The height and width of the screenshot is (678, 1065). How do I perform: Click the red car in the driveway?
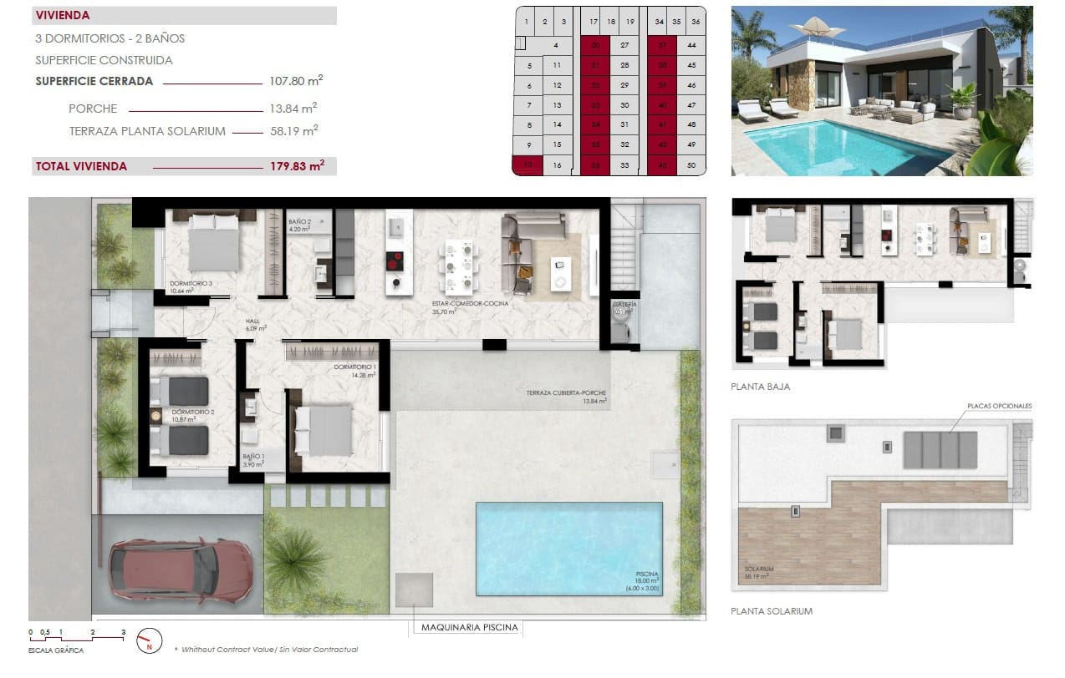181,569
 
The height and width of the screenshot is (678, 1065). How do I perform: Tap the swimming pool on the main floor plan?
568,548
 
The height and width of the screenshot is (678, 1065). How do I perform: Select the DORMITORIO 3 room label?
191,284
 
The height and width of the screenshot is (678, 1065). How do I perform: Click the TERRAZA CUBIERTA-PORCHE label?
566,393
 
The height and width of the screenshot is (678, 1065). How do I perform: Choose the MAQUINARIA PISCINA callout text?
469,628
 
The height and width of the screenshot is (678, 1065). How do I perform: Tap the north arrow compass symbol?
149,640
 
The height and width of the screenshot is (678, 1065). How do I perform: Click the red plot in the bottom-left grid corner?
527,165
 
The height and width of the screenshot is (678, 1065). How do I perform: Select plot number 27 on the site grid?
624,45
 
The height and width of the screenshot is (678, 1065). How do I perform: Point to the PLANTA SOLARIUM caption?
771,611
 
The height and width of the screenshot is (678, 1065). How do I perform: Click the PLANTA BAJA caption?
760,387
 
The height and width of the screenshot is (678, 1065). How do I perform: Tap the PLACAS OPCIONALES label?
999,406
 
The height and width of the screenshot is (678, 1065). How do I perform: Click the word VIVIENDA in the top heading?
63,15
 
